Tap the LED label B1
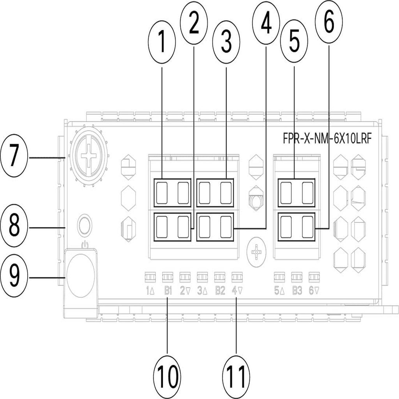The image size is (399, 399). pos(168,290)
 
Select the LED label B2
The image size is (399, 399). pos(220,290)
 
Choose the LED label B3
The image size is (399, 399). pos(297,290)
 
